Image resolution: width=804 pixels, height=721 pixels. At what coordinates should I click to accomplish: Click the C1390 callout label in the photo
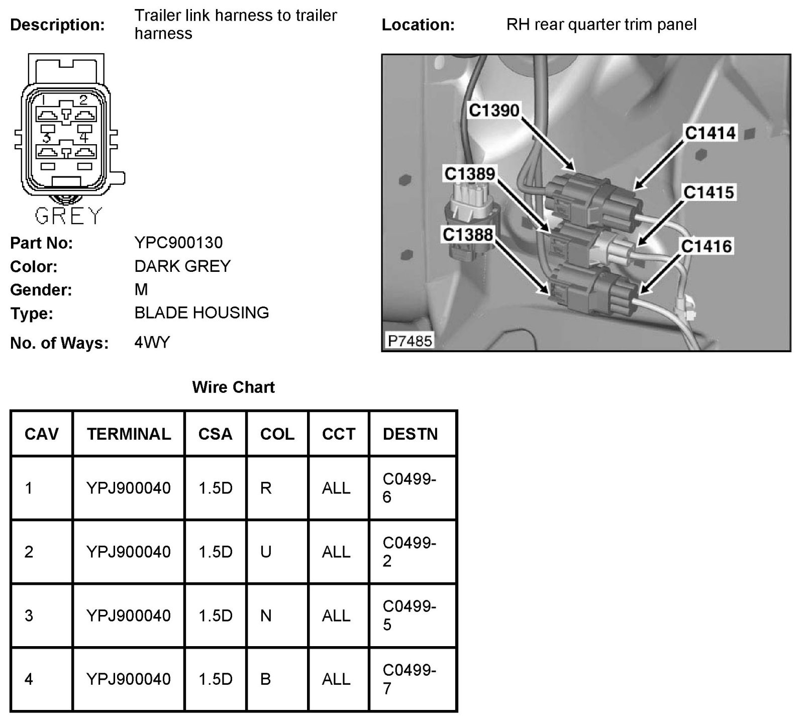[494, 110]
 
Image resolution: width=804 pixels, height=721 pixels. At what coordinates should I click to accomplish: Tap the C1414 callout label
[710, 133]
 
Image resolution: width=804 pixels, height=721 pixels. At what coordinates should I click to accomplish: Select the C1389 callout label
[470, 174]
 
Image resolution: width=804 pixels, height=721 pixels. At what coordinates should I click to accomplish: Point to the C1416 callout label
[707, 246]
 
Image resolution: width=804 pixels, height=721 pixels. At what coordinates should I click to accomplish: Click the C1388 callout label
[468, 234]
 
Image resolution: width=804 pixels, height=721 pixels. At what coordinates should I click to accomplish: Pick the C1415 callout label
[709, 192]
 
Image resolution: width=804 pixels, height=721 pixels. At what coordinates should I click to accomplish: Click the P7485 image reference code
[410, 341]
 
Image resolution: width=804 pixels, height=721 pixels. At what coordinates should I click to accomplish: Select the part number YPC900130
[178, 243]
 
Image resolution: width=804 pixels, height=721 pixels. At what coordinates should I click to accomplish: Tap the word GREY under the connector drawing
[68, 216]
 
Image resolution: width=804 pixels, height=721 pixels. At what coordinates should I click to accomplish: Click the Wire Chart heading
[233, 387]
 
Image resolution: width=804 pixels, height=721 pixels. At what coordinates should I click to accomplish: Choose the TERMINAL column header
[129, 434]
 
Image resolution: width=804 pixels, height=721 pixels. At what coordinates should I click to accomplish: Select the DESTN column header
[410, 434]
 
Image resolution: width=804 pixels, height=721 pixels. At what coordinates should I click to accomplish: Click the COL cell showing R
[266, 488]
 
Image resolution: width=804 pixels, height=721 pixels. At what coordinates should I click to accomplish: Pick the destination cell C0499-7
[409, 679]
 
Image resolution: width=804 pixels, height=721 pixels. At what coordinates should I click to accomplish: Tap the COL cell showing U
[266, 552]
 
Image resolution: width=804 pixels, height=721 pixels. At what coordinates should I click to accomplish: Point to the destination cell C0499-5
[409, 615]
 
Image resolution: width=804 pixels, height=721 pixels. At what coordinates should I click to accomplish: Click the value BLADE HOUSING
[202, 313]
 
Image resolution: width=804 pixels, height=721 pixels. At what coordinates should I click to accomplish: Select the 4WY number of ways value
[152, 343]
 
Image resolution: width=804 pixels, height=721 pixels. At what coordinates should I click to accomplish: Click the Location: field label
[418, 25]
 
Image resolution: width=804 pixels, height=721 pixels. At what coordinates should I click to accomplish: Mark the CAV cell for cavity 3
[29, 615]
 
